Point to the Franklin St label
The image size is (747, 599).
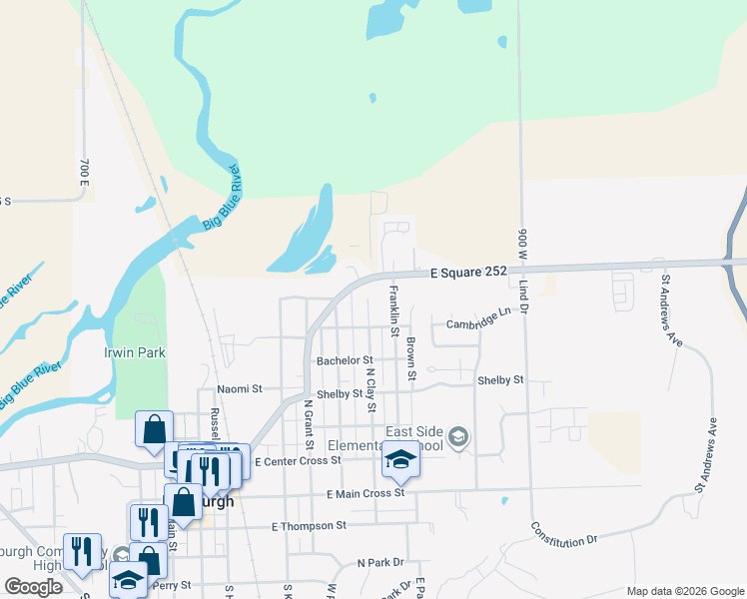pyautogui.click(x=393, y=309)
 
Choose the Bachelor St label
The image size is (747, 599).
pyautogui.click(x=345, y=360)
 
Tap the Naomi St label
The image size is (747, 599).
pyautogui.click(x=240, y=388)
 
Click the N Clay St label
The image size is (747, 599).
pyautogui.click(x=371, y=389)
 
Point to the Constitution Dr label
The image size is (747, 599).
pyautogui.click(x=563, y=535)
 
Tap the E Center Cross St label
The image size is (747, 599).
pyautogui.click(x=298, y=461)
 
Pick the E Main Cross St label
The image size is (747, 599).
pyautogui.click(x=365, y=493)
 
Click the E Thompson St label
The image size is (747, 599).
pyautogui.click(x=309, y=525)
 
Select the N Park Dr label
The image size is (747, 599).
pyautogui.click(x=380, y=563)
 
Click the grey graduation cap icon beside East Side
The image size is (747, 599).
pyautogui.click(x=458, y=436)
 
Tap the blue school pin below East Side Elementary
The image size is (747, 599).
pyautogui.click(x=400, y=460)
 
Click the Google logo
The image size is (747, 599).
pyautogui.click(x=33, y=587)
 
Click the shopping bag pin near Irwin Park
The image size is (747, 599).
pyautogui.click(x=155, y=430)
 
